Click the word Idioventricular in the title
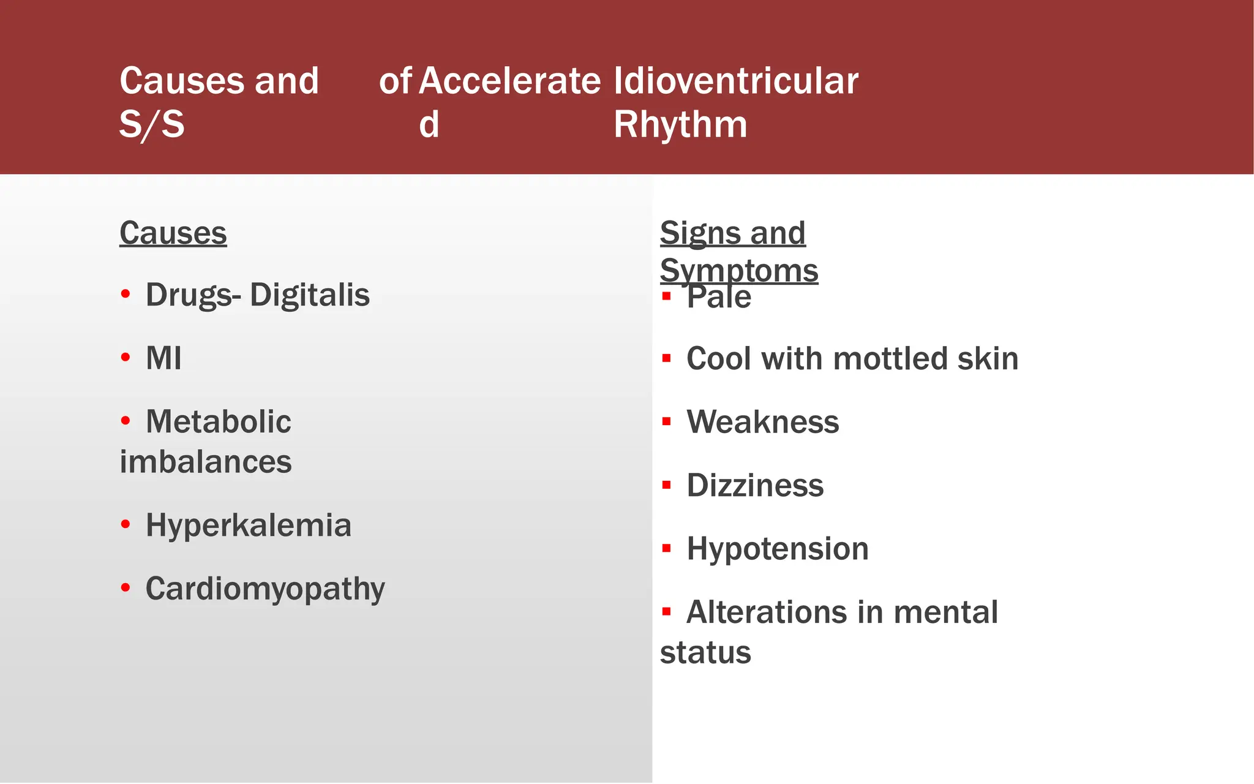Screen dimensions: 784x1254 (x=736, y=81)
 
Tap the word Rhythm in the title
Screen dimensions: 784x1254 (x=680, y=125)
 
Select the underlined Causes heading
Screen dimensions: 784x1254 (x=173, y=233)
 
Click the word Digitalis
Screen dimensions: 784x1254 (x=310, y=295)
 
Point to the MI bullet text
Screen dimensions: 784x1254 (x=163, y=358)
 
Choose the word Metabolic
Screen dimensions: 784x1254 (x=218, y=422)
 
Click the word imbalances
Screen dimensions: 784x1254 (x=206, y=462)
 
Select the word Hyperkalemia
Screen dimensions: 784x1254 (x=249, y=526)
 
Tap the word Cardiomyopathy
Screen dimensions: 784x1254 (x=265, y=589)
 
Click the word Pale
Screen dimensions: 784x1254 (x=719, y=298)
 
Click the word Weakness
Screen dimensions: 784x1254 (x=763, y=423)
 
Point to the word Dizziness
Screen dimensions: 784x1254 (x=755, y=486)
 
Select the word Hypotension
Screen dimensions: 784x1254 (x=778, y=549)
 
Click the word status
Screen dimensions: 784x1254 (x=705, y=652)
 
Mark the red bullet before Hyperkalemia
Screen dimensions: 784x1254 (x=126, y=524)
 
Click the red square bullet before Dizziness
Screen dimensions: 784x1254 (x=667, y=486)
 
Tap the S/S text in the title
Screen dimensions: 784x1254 (x=152, y=125)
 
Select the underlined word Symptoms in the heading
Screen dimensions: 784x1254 (x=739, y=271)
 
